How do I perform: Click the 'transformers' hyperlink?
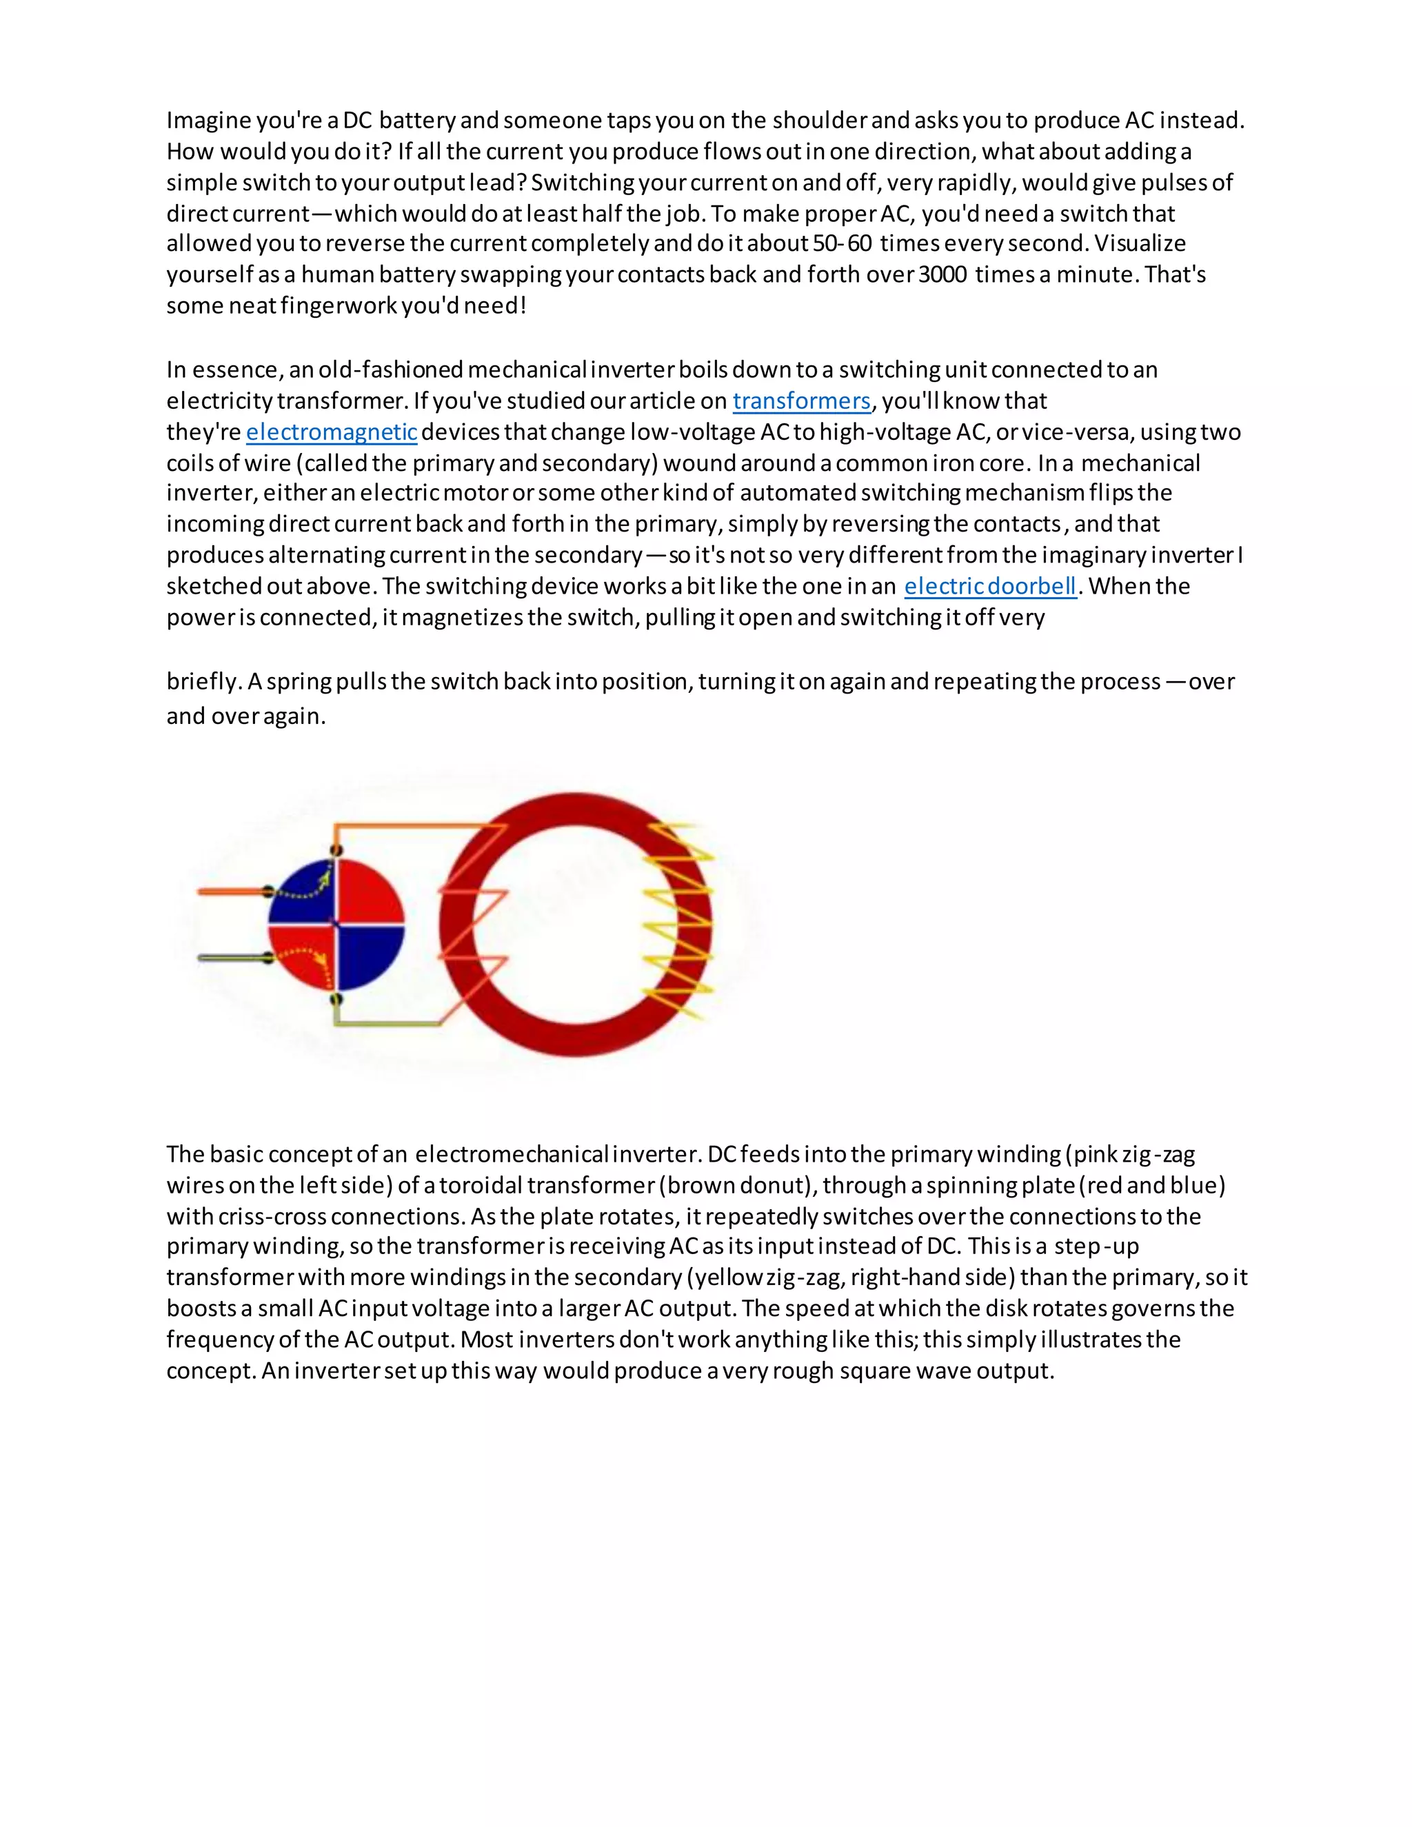801,401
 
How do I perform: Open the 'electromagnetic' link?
331,432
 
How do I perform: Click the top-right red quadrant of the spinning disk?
368,891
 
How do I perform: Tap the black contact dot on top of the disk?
336,851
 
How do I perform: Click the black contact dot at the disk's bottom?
336,999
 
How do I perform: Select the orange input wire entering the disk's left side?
230,891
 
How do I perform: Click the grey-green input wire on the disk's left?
230,958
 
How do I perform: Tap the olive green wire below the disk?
385,1022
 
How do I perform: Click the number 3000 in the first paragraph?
942,274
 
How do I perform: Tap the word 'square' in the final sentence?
874,1371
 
